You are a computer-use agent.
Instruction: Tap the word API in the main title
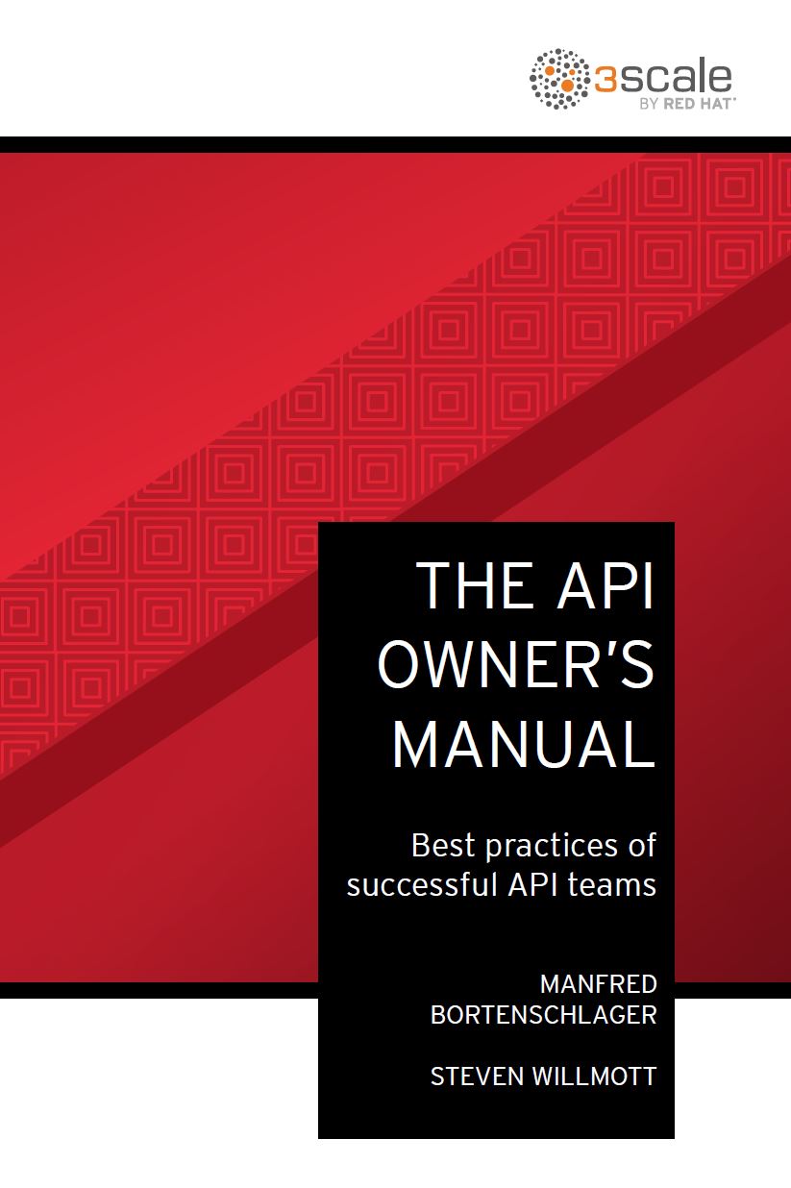[x=605, y=585]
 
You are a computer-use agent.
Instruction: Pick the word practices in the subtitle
[x=552, y=847]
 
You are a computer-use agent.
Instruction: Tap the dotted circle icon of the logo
[x=559, y=79]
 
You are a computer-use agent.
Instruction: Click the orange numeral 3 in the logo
[x=606, y=80]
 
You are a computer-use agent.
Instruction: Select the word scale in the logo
[x=675, y=78]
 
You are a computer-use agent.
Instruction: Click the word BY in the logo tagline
[x=650, y=104]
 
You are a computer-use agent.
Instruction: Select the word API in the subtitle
[x=532, y=885]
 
